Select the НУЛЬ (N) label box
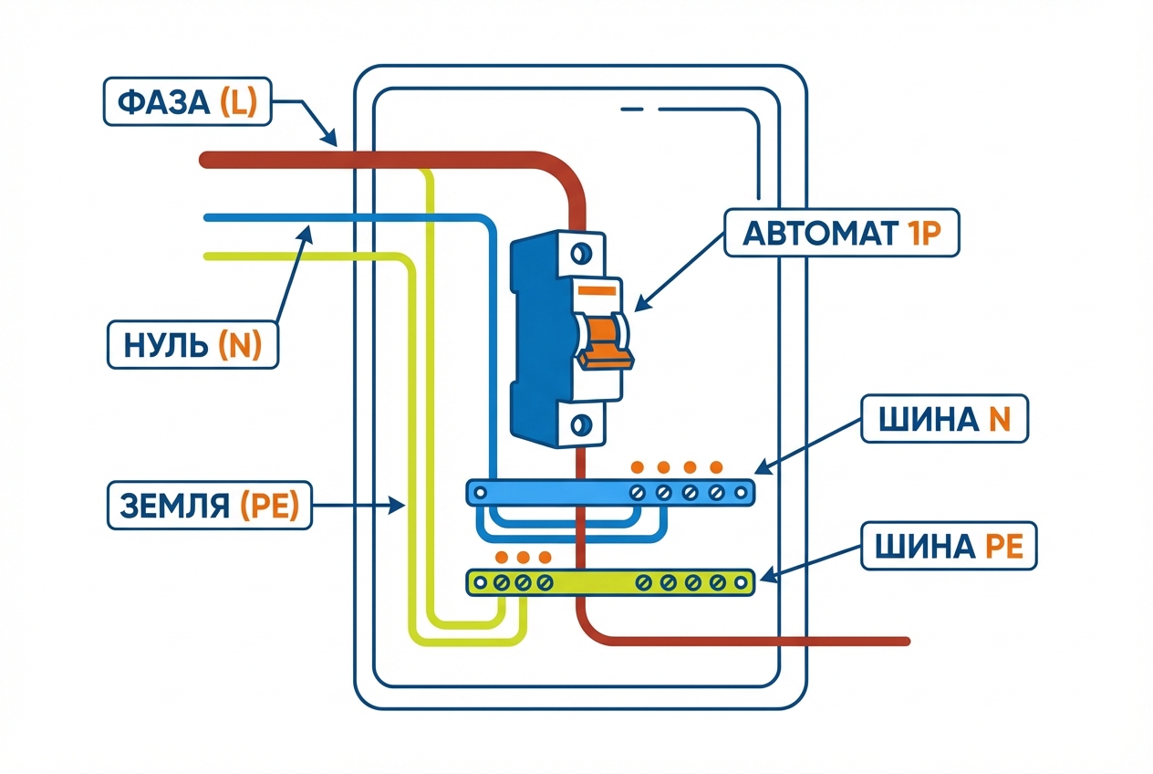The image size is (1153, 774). (x=192, y=344)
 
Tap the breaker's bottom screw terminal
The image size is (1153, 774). (x=580, y=424)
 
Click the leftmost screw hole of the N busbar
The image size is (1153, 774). (x=481, y=493)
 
